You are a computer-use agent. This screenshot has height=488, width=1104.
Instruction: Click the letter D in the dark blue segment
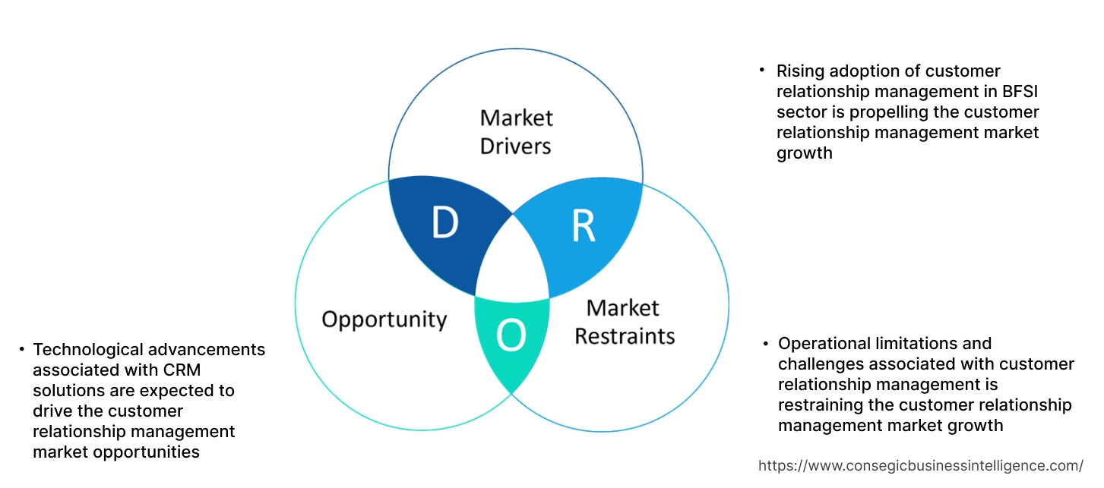pyautogui.click(x=444, y=222)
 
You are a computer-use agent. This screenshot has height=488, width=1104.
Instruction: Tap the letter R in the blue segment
pyautogui.click(x=583, y=225)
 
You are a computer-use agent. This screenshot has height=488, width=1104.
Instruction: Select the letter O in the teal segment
pyautogui.click(x=511, y=336)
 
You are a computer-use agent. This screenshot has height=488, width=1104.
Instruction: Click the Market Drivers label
pyautogui.click(x=516, y=131)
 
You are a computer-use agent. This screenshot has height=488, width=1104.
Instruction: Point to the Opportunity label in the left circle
pyautogui.click(x=384, y=319)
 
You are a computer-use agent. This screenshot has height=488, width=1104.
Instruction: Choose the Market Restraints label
pyautogui.click(x=624, y=321)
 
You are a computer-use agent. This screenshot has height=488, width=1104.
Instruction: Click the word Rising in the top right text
pyautogui.click(x=802, y=71)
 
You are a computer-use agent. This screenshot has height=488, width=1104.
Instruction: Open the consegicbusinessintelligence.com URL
pyautogui.click(x=921, y=465)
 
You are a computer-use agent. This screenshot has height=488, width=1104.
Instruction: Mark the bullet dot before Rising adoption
pyautogui.click(x=762, y=70)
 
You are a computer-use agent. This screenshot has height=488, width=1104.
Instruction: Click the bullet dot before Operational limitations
pyautogui.click(x=766, y=343)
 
